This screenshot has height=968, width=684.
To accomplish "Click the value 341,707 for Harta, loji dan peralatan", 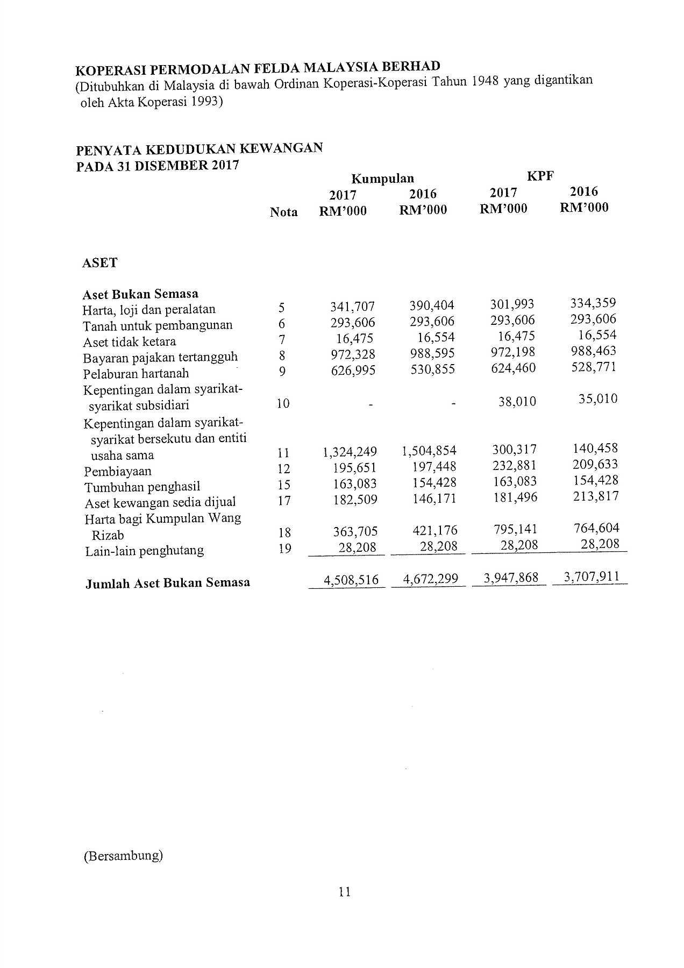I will pyautogui.click(x=353, y=307).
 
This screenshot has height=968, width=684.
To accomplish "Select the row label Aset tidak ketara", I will pyautogui.click(x=129, y=342).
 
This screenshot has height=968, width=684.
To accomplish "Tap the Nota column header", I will pyautogui.click(x=283, y=212).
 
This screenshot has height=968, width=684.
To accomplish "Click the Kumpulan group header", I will pyautogui.click(x=383, y=179).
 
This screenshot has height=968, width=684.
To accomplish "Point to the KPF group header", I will pyautogui.click(x=540, y=176).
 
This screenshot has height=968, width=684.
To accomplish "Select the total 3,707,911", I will pyautogui.click(x=591, y=577).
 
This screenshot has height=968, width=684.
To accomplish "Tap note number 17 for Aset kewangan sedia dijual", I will pyautogui.click(x=284, y=501).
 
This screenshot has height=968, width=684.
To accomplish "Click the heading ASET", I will pyautogui.click(x=99, y=263).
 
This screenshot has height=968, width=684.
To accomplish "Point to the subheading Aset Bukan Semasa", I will pyautogui.click(x=140, y=294).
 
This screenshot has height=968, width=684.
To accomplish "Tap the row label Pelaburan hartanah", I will pyautogui.click(x=136, y=374).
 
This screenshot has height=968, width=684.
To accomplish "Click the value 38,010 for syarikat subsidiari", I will pyautogui.click(x=517, y=401).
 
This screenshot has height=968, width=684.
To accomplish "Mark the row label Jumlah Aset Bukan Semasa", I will pyautogui.click(x=167, y=583).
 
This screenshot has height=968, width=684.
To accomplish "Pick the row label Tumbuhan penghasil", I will pyautogui.click(x=142, y=487).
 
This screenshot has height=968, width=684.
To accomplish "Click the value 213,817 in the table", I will pyautogui.click(x=596, y=496).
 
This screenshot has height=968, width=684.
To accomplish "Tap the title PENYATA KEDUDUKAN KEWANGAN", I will pyautogui.click(x=199, y=148).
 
